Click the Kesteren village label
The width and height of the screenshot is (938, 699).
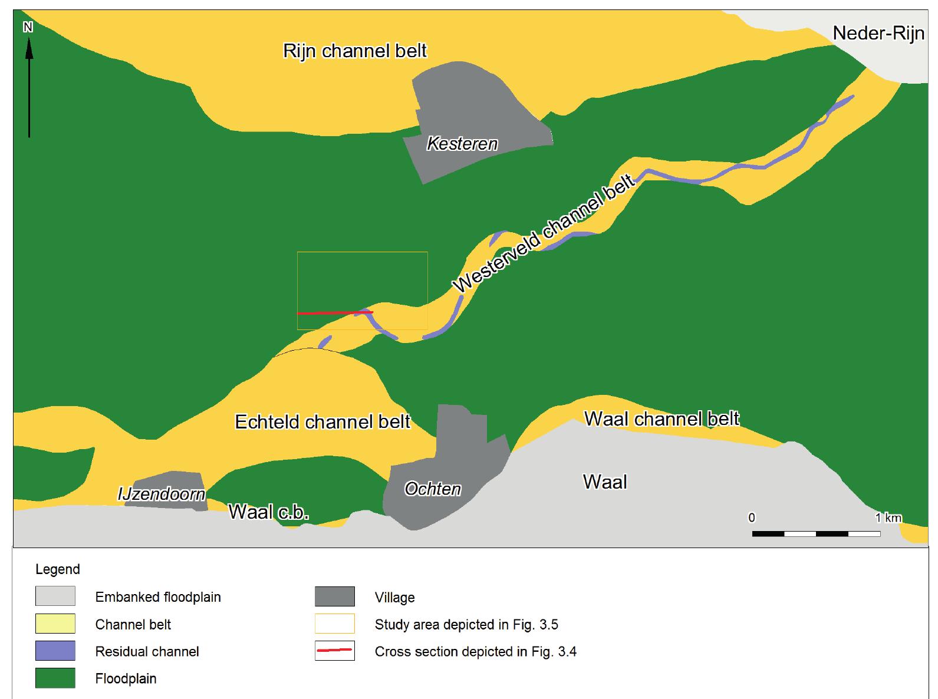pyautogui.click(x=462, y=144)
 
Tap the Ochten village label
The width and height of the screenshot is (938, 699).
pyautogui.click(x=433, y=489)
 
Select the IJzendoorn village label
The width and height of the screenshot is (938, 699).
pyautogui.click(x=162, y=494)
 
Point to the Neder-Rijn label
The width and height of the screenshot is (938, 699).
pyautogui.click(x=878, y=34)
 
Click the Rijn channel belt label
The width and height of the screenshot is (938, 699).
pyautogui.click(x=355, y=51)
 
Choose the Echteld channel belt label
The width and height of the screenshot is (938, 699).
pyautogui.click(x=322, y=422)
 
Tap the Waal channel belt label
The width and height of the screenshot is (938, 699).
pyautogui.click(x=661, y=419)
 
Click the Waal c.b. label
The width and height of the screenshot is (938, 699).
pyautogui.click(x=269, y=512)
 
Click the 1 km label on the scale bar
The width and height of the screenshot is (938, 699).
pyautogui.click(x=888, y=518)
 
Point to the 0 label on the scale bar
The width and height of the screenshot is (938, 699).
pyautogui.click(x=752, y=518)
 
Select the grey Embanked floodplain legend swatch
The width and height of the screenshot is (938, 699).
pyautogui.click(x=55, y=596)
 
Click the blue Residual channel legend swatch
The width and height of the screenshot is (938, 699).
pyautogui.click(x=55, y=651)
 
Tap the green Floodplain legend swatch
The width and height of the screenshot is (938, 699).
pyautogui.click(x=55, y=678)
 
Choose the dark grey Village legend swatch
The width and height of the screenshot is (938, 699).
pyautogui.click(x=335, y=596)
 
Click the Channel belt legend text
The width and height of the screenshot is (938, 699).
pyautogui.click(x=133, y=624)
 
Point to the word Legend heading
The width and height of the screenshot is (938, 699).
pyautogui.click(x=58, y=569)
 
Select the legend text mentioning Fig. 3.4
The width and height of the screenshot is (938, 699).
pyautogui.click(x=475, y=651)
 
